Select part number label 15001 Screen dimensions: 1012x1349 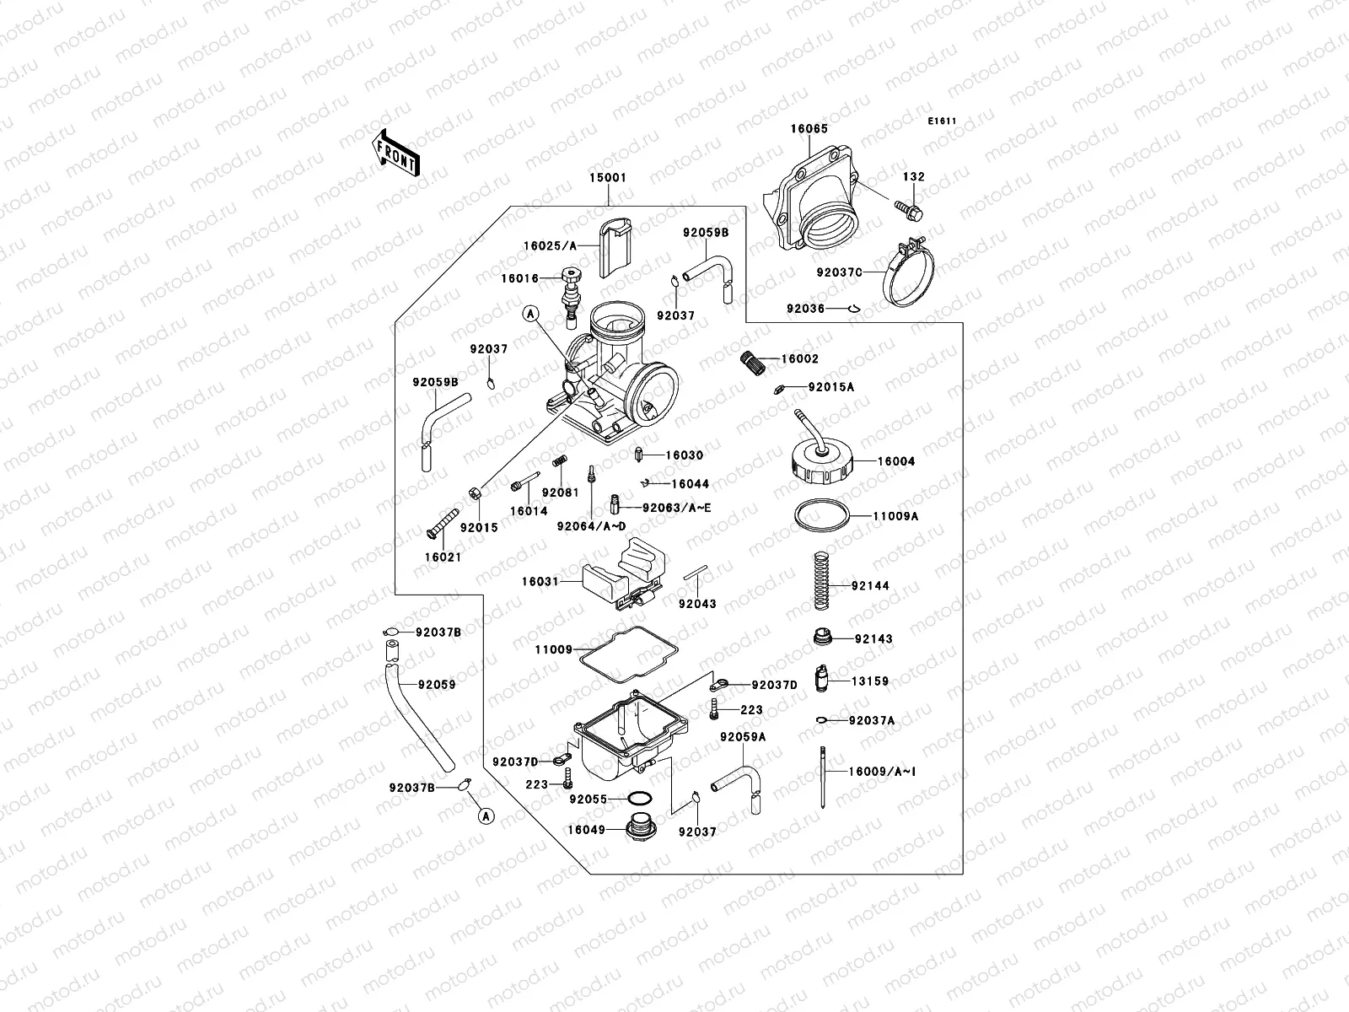(608, 179)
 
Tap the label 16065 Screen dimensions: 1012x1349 (809, 129)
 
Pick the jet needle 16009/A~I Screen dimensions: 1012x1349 (821, 776)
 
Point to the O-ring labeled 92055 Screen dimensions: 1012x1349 (640, 798)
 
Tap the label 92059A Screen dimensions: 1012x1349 (743, 737)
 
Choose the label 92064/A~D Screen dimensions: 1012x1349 (591, 526)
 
